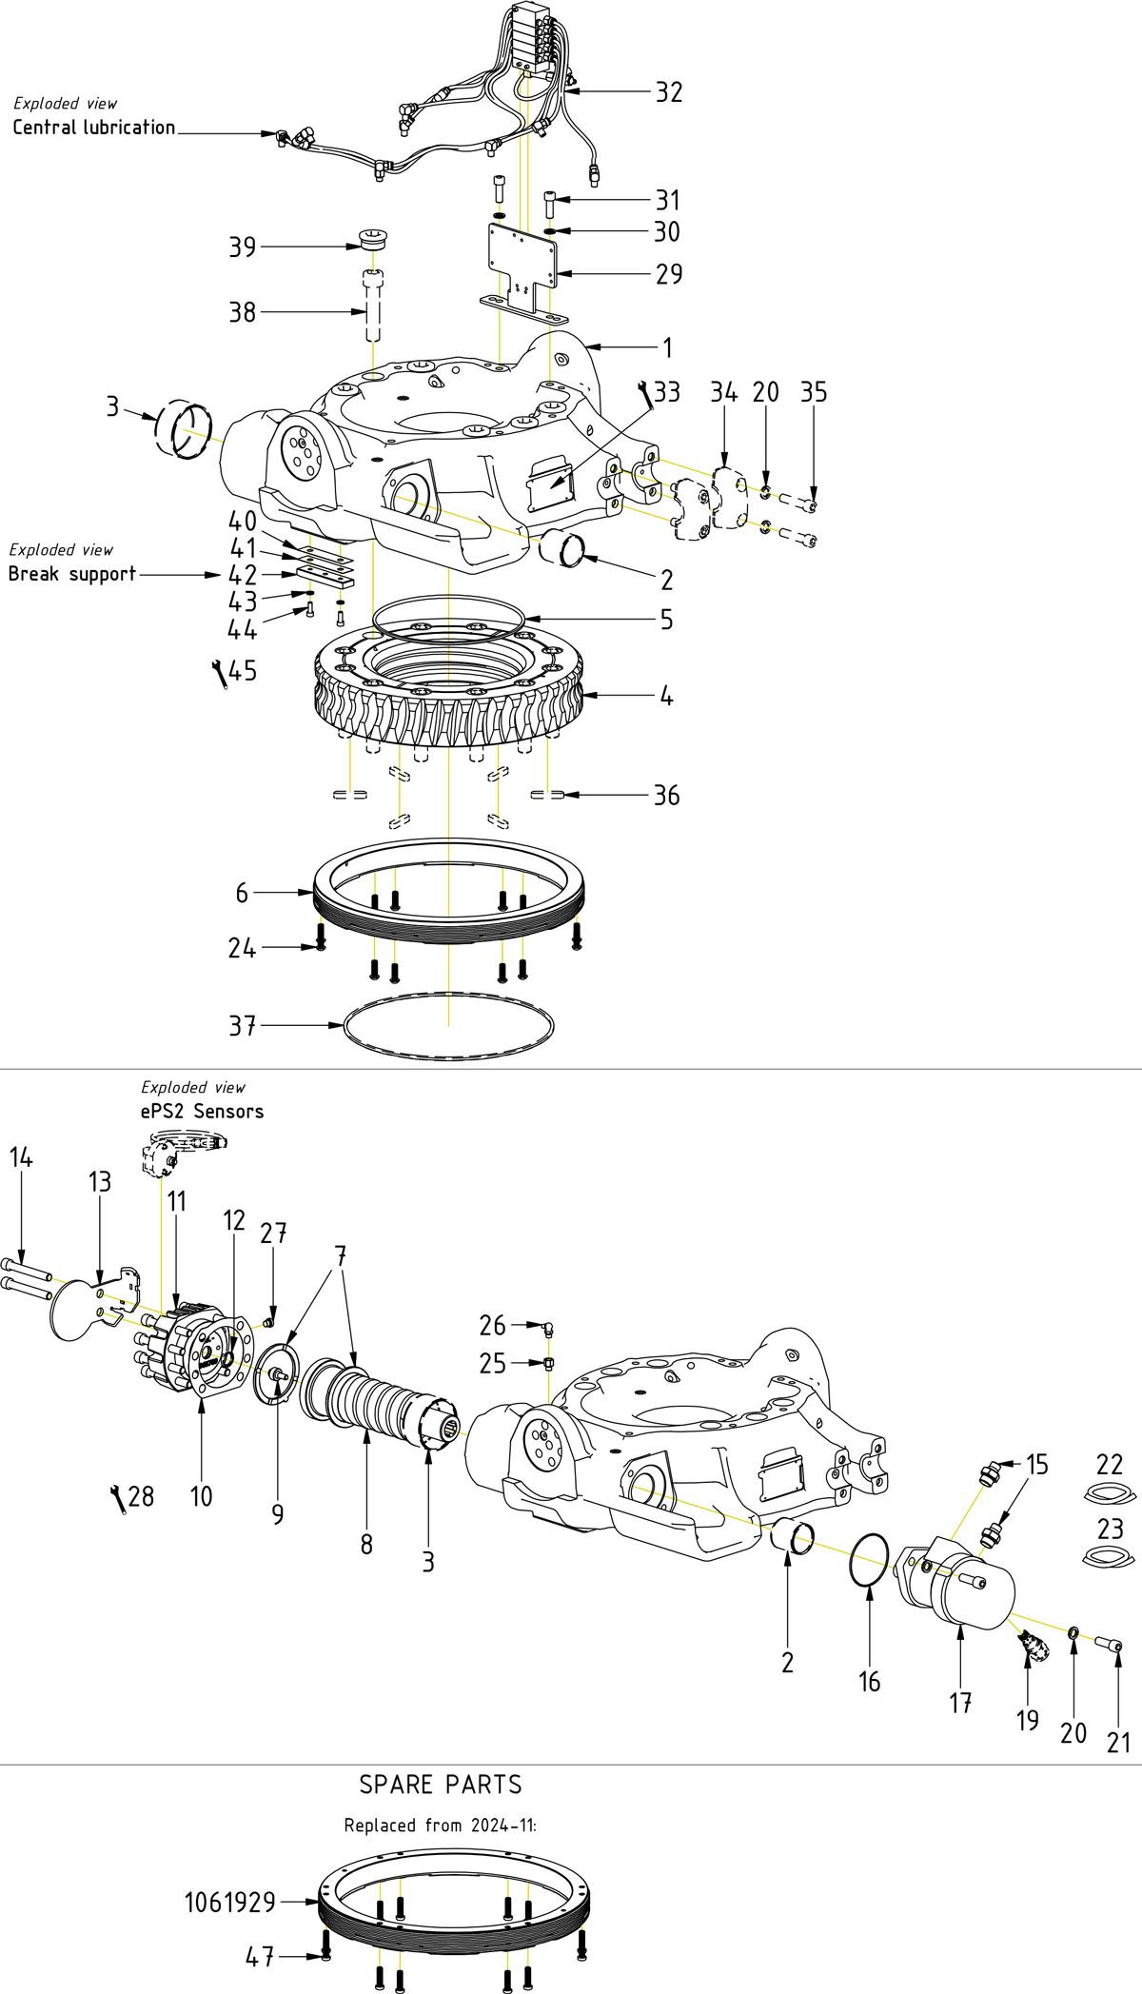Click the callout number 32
coord(669,92)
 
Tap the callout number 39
coord(243,247)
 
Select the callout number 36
coord(666,796)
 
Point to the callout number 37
coord(243,1026)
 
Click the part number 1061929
coord(229,1903)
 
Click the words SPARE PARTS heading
coord(441,1785)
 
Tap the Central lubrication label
coord(93,128)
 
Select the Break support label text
coord(72,574)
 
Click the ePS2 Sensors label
coord(202,1111)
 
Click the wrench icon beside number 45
coord(219,673)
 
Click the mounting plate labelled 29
coord(522,257)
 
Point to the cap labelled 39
coord(372,238)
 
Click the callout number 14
coord(21,1157)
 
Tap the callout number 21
coord(1118,1743)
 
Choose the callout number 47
coord(259,1957)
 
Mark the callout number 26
coord(492,1325)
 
